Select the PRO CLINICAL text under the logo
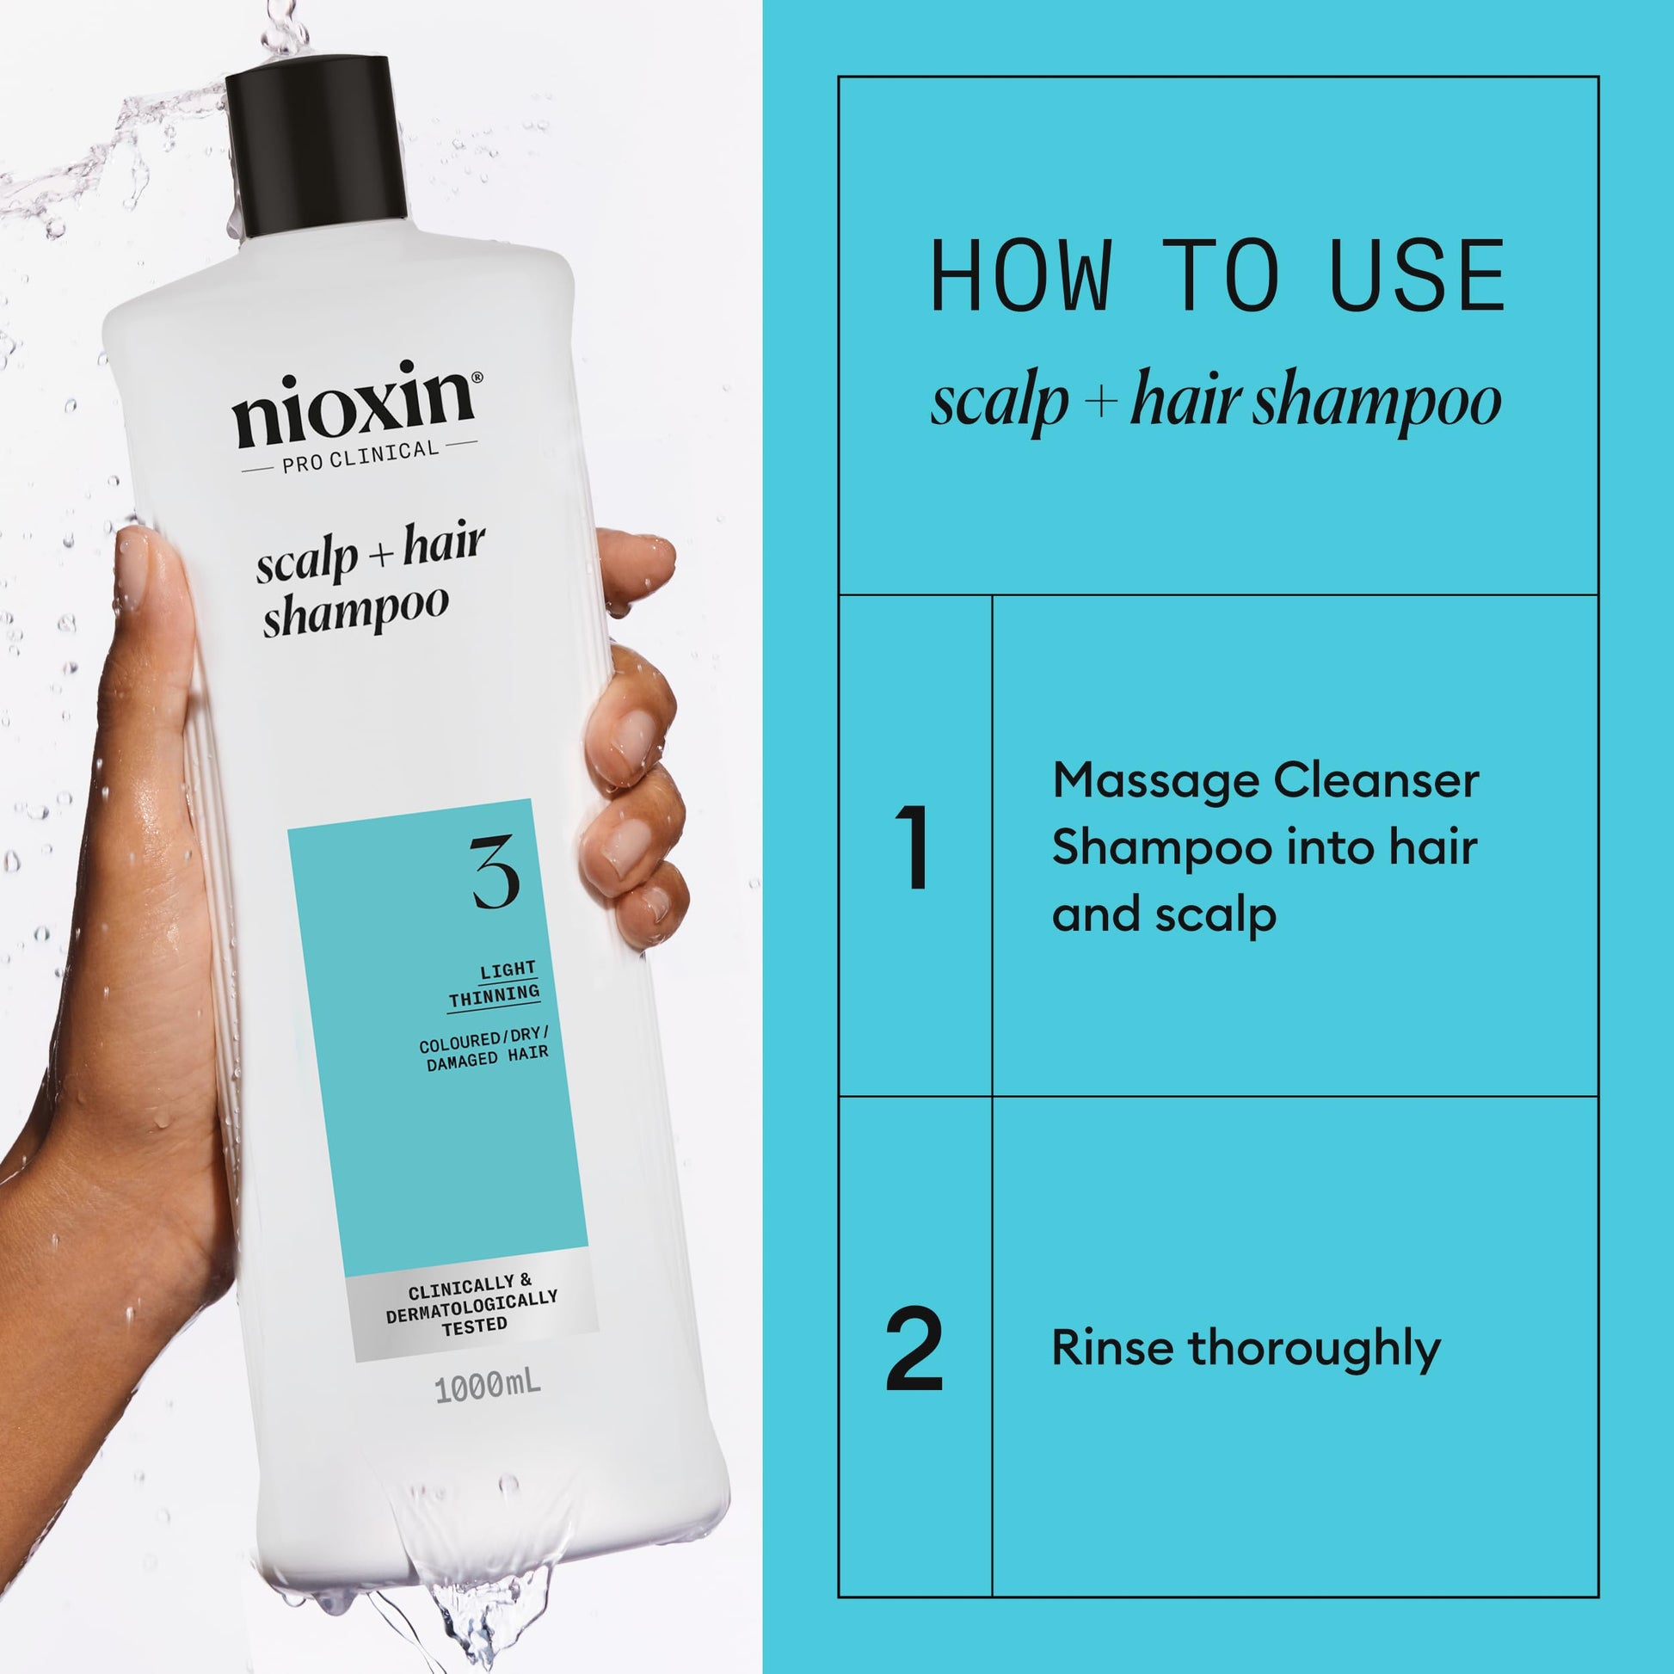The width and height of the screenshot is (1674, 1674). [360, 456]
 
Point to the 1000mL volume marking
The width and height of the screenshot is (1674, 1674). [488, 1387]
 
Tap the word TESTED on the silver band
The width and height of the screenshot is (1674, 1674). [474, 1326]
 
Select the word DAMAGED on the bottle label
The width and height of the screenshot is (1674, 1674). [462, 1061]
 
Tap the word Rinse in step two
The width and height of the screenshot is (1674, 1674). [1111, 1348]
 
